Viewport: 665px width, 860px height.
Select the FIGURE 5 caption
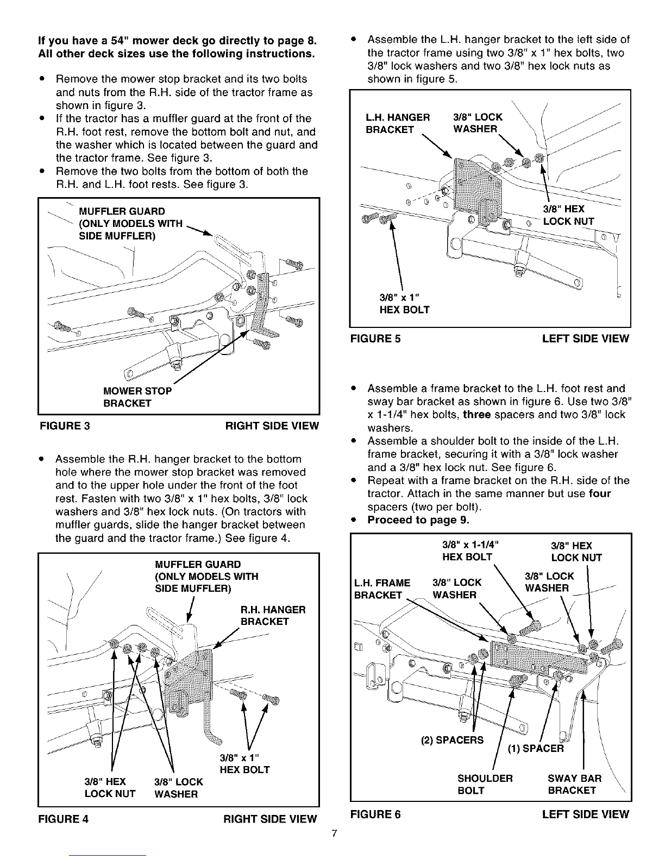[376, 339]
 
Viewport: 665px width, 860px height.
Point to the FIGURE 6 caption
[376, 814]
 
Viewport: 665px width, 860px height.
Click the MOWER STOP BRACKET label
[137, 397]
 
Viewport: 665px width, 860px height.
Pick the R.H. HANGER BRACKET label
[273, 615]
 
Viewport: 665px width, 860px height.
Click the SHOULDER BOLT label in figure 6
[485, 784]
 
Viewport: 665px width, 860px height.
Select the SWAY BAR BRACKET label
[574, 784]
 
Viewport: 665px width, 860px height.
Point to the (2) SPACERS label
[452, 740]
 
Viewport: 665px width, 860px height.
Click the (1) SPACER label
[536, 749]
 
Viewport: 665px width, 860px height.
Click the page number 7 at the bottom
[335, 834]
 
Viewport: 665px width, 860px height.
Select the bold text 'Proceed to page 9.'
[418, 520]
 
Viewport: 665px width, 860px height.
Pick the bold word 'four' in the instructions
[600, 494]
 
